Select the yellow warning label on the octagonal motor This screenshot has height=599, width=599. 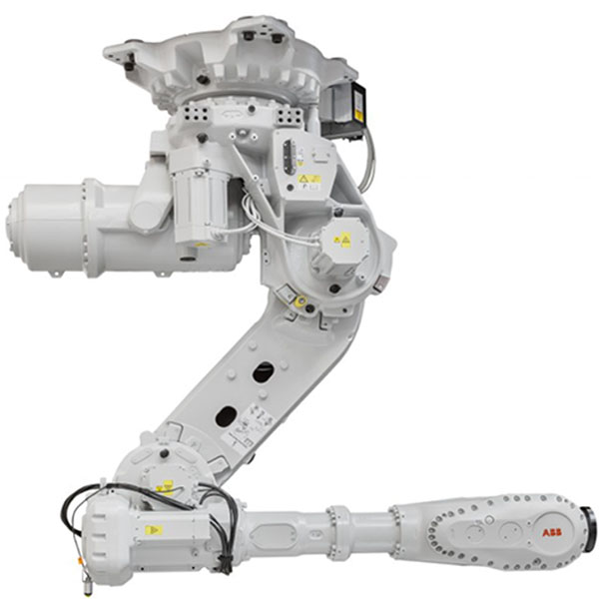(x=342, y=241)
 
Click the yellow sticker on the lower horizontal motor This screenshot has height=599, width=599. (x=153, y=529)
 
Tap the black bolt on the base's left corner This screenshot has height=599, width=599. (x=127, y=62)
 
